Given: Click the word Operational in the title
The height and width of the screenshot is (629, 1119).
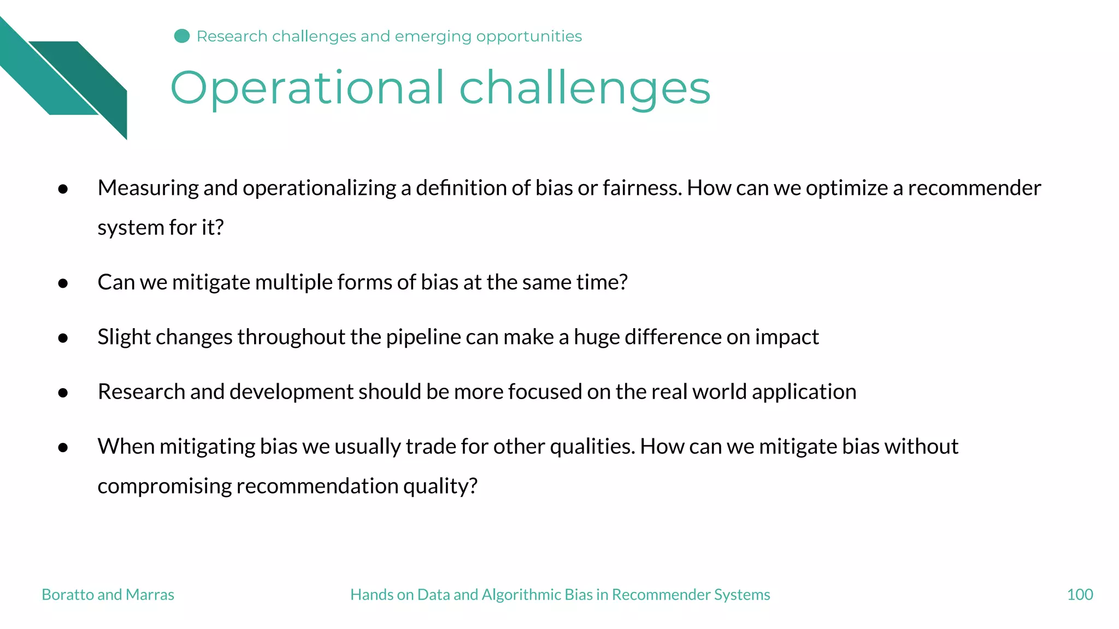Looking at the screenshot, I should (x=307, y=88).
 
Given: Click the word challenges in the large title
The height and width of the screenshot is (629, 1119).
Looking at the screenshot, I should (x=585, y=88).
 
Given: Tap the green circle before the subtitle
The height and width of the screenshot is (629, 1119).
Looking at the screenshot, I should (x=182, y=36).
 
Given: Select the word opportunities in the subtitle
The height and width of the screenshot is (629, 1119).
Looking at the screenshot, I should (x=528, y=36).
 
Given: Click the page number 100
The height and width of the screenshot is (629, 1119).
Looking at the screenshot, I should (x=1080, y=595).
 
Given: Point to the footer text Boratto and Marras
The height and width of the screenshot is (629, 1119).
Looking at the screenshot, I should (x=108, y=595).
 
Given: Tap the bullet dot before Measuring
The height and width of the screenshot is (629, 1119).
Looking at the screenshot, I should (x=63, y=189).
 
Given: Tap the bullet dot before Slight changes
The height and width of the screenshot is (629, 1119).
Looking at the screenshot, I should (x=63, y=338).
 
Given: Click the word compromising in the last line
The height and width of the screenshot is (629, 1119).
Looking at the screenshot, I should (x=164, y=486).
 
